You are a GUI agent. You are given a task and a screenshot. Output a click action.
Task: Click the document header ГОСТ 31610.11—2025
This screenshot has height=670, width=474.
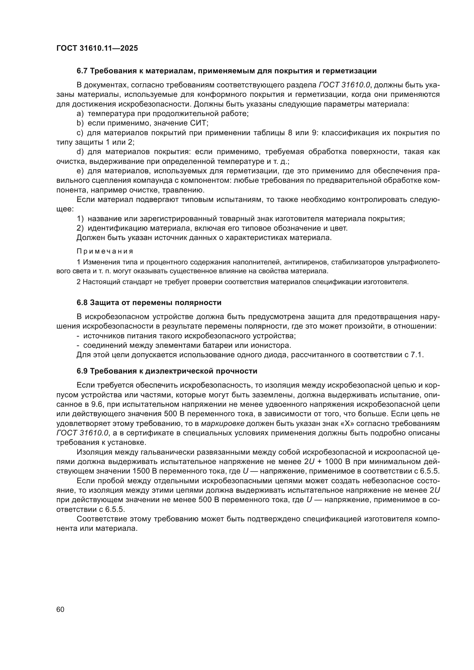point(97,48)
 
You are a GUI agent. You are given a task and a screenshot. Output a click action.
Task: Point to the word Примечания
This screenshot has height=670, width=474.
point(105,251)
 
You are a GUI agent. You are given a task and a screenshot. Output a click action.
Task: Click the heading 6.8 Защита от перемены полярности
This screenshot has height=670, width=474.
point(149,302)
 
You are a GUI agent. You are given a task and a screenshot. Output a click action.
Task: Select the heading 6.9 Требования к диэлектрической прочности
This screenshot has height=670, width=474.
point(167,371)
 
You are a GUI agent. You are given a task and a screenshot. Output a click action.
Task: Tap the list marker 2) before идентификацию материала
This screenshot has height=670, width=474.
point(80,228)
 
